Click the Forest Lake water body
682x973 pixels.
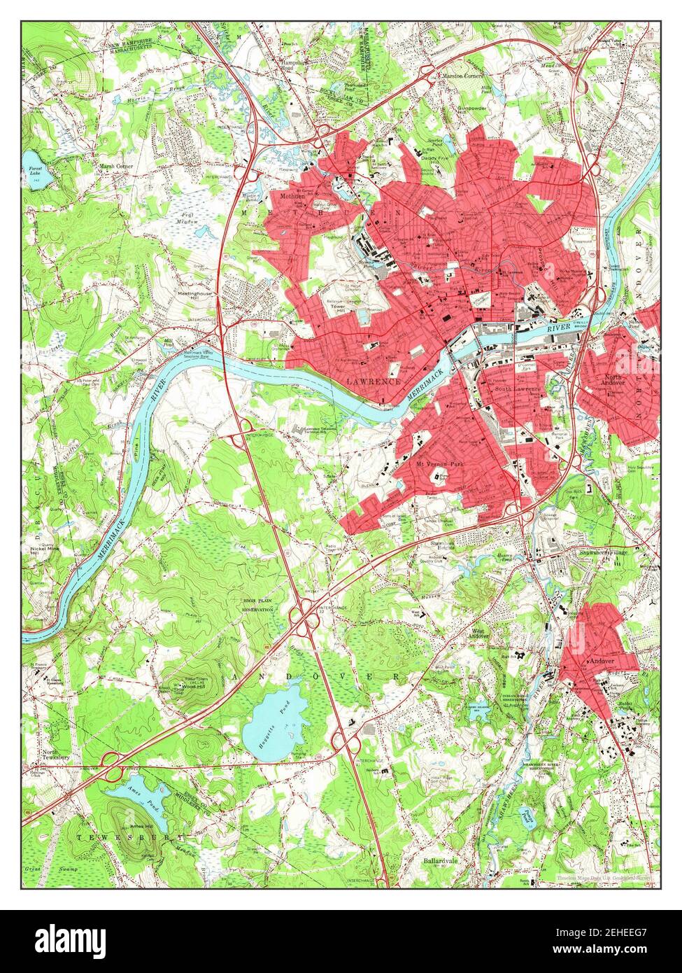pyautogui.click(x=32, y=160)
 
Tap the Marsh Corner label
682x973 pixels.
pyautogui.click(x=115, y=166)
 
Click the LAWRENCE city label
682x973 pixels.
pyautogui.click(x=373, y=382)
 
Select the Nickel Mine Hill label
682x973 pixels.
pyautogui.click(x=44, y=549)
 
